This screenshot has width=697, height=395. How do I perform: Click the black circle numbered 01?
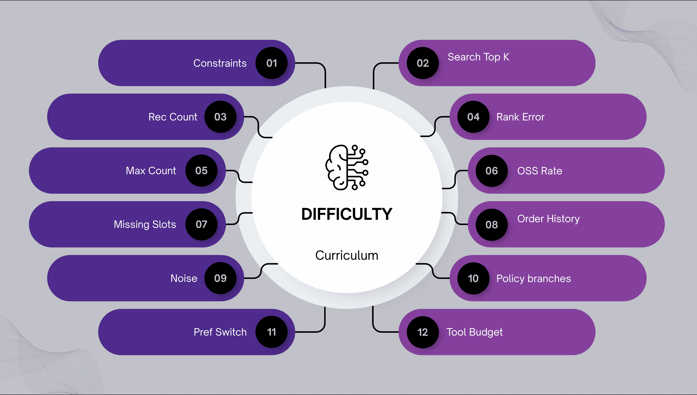tap(272, 63)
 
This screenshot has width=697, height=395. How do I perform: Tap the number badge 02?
tap(423, 63)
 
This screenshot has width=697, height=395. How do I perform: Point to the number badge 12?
tap(423, 332)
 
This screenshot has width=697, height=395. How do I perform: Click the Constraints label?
tap(220, 63)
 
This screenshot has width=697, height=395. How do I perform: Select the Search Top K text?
tap(478, 57)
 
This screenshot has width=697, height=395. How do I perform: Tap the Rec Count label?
tap(173, 117)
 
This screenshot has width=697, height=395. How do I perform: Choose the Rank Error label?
tap(520, 117)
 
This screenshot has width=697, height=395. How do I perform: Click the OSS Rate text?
tap(540, 171)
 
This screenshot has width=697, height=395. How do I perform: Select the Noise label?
tap(184, 278)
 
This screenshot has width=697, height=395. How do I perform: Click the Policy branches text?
tap(533, 279)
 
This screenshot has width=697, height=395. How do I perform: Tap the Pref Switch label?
tap(220, 332)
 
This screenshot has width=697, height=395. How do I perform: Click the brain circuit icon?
tap(347, 167)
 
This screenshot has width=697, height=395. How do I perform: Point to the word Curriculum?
tap(347, 255)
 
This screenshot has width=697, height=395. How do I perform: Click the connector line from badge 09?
tap(261, 271)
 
